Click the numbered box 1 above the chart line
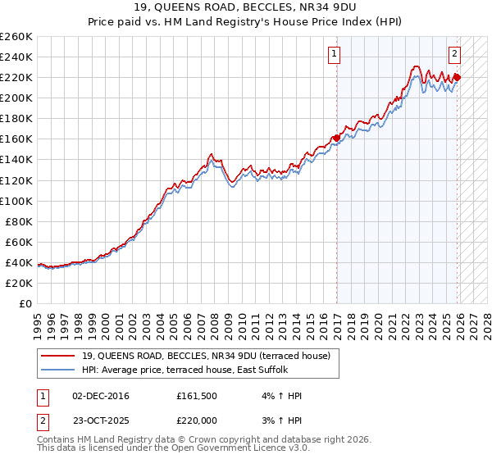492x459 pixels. pyautogui.click(x=335, y=55)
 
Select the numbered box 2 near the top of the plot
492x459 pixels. pyautogui.click(x=454, y=55)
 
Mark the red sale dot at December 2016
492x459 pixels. pyautogui.click(x=336, y=138)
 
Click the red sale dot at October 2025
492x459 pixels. pyautogui.click(x=457, y=78)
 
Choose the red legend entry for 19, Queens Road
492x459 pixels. pyautogui.click(x=205, y=356)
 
